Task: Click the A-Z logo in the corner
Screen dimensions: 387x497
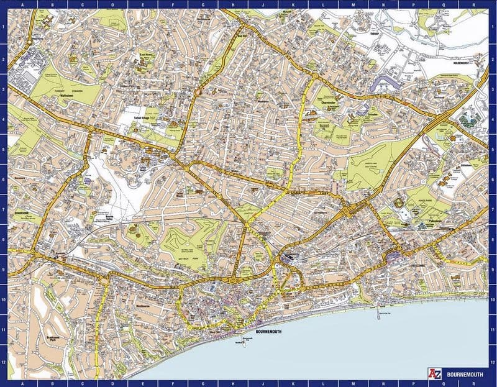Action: (x=434, y=373)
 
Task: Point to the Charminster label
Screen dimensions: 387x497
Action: (x=327, y=102)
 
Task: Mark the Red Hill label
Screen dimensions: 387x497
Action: (x=242, y=35)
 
